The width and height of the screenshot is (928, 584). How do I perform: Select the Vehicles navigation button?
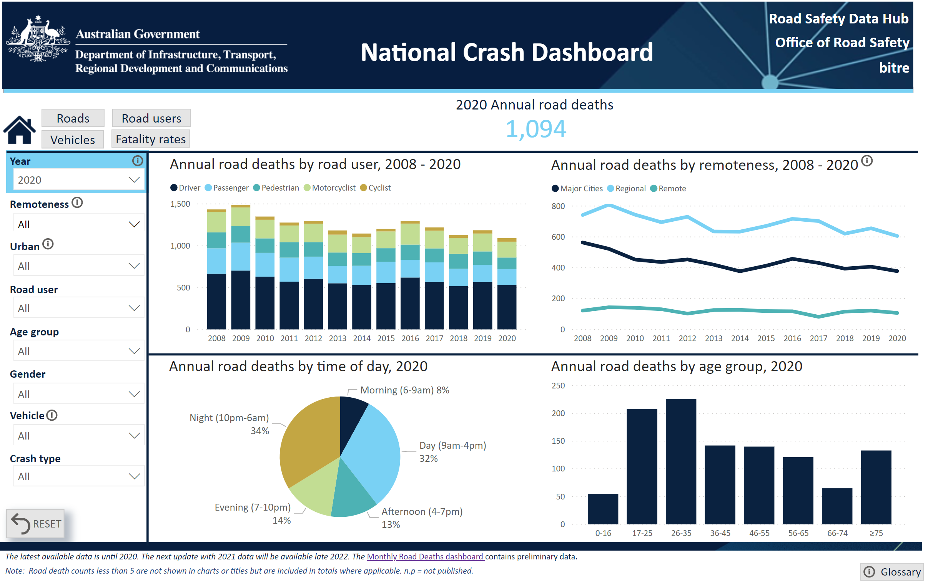pos(72,139)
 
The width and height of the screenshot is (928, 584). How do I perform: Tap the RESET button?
pos(36,524)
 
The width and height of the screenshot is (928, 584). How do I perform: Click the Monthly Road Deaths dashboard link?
pos(425,557)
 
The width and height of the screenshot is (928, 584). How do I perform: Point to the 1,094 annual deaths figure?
pos(536,129)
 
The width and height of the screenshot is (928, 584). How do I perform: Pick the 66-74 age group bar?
pos(837,506)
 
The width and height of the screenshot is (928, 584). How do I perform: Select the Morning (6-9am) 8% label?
pos(405,390)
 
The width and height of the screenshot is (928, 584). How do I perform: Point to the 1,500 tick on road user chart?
pos(180,204)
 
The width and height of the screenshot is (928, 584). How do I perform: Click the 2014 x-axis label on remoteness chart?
pos(740,338)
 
